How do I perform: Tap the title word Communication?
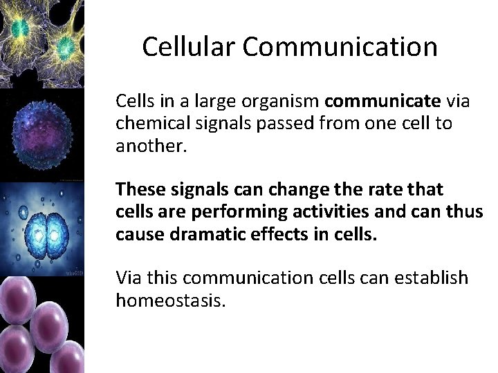pyautogui.click(x=340, y=47)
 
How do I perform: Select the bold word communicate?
pyautogui.click(x=382, y=102)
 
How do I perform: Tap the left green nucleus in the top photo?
pyautogui.click(x=21, y=28)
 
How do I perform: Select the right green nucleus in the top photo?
pyautogui.click(x=66, y=46)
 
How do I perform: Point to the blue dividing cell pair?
pyautogui.click(x=42, y=227)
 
